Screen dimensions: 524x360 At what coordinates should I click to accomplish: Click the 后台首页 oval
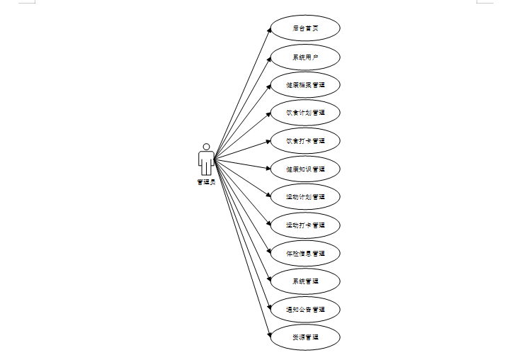pos(305,28)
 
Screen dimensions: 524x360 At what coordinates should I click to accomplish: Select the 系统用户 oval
pos(305,57)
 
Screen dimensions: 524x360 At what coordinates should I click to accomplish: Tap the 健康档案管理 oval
pos(305,85)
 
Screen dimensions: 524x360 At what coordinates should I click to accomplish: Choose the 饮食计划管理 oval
pos(305,113)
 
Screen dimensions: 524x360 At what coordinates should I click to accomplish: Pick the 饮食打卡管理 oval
pos(305,141)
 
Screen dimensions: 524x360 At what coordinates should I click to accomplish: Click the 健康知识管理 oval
pos(305,169)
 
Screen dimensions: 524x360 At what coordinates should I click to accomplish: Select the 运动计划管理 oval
pos(305,197)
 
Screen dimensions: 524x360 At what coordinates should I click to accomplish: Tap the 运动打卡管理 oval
pos(305,225)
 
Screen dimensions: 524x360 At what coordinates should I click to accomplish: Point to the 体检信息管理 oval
pos(305,253)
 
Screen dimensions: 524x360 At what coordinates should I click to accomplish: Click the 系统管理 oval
pos(305,281)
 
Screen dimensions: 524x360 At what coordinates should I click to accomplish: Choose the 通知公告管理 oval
pos(305,310)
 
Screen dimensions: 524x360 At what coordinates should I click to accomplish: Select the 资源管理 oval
pos(305,337)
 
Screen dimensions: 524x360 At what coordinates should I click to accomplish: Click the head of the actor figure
pos(206,147)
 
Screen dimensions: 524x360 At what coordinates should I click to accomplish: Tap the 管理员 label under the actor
pos(206,182)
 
